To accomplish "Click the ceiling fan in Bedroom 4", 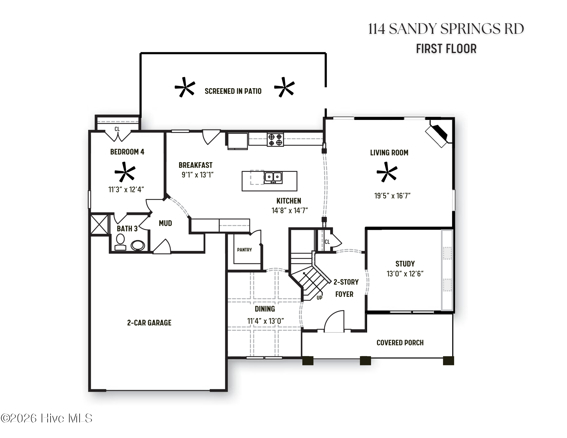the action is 125,172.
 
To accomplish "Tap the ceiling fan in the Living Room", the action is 387,172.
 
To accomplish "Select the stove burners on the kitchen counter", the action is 275,139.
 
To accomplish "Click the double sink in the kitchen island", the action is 273,177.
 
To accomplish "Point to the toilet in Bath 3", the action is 120,242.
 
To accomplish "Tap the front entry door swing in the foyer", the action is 334,321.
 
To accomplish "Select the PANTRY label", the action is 244,250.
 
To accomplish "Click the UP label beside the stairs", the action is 319,298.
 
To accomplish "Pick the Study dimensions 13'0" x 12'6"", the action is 405,274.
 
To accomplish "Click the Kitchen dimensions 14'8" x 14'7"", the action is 290,210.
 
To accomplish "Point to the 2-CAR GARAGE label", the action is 149,323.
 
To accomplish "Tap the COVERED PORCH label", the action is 400,343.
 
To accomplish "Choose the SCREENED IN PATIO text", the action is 233,91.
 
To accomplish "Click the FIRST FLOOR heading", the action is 446,49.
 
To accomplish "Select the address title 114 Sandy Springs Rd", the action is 446,29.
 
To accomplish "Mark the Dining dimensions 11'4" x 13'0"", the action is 265,321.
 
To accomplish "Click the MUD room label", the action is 165,223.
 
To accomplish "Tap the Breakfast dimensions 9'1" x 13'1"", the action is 197,175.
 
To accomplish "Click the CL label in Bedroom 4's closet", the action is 117,129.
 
